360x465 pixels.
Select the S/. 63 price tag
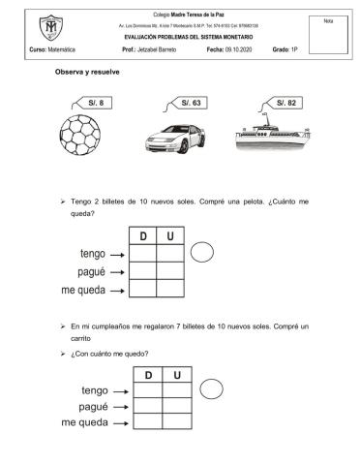tap(190, 102)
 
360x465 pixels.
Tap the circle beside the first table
tap(203, 254)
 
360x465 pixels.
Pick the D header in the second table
tap(149, 375)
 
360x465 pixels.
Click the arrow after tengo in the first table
tap(116, 254)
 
